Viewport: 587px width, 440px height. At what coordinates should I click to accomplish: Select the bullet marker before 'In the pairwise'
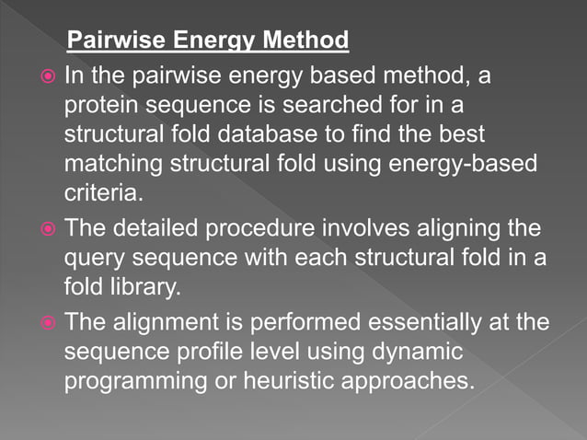(x=47, y=76)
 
